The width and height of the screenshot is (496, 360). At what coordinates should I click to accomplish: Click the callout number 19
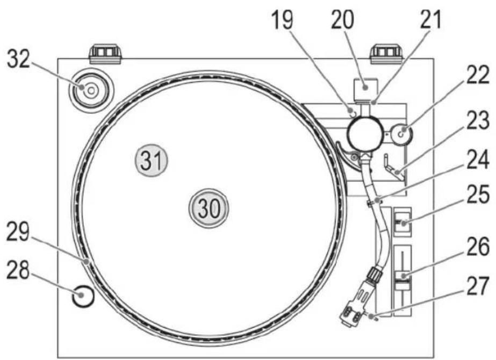tap(283, 20)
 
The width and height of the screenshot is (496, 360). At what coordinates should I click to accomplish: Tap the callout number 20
tap(343, 20)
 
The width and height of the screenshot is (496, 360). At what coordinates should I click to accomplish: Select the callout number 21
tap(430, 20)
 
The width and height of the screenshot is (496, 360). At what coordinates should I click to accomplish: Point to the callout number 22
tap(478, 76)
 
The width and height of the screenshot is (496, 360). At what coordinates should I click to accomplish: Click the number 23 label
tap(478, 120)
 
